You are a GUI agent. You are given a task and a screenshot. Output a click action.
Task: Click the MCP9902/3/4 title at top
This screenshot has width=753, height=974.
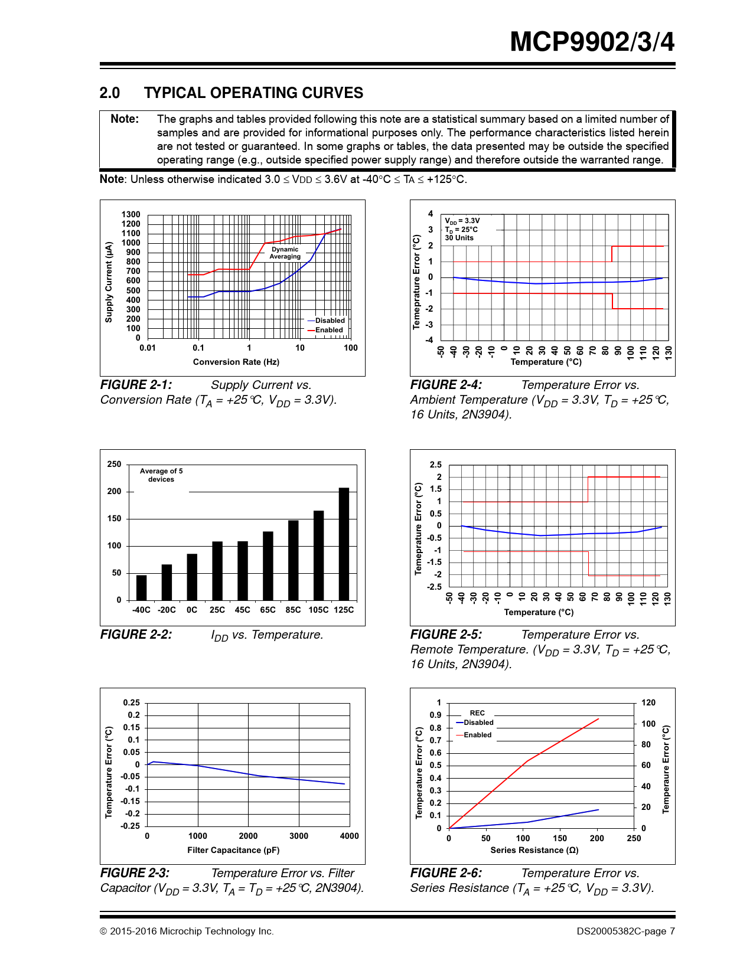click(592, 42)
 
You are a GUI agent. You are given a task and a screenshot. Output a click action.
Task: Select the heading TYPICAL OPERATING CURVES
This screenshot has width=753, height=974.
click(253, 93)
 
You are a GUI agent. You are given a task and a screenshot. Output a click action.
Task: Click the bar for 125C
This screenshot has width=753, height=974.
click(344, 544)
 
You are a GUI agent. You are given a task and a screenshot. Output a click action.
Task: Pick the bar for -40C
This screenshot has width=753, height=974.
click(141, 587)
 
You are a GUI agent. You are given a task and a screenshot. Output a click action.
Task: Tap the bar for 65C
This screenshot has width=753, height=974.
click(268, 566)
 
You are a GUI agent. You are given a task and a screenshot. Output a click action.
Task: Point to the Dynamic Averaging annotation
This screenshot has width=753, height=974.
click(285, 253)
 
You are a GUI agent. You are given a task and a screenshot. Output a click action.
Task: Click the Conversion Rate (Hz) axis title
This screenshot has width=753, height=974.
click(236, 362)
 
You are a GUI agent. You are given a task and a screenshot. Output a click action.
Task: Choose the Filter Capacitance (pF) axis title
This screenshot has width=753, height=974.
click(233, 850)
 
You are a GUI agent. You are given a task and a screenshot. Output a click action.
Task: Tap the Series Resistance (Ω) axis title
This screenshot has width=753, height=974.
click(534, 850)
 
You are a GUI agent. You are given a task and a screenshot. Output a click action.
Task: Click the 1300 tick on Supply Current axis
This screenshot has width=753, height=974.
click(131, 214)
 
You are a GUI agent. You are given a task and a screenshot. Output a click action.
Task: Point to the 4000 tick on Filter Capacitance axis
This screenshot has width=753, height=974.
click(349, 836)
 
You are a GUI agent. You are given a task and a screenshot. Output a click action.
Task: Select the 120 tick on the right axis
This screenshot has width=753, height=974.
click(648, 702)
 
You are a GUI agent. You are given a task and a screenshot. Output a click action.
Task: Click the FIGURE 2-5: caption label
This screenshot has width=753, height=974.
click(446, 635)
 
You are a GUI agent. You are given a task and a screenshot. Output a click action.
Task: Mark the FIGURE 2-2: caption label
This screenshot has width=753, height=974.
click(136, 635)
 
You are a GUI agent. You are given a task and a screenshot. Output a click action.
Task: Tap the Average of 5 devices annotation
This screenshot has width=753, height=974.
click(161, 475)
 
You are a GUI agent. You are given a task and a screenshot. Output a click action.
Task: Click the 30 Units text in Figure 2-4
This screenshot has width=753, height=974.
click(459, 238)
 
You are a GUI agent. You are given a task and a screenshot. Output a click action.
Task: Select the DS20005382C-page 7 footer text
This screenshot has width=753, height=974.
click(625, 931)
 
